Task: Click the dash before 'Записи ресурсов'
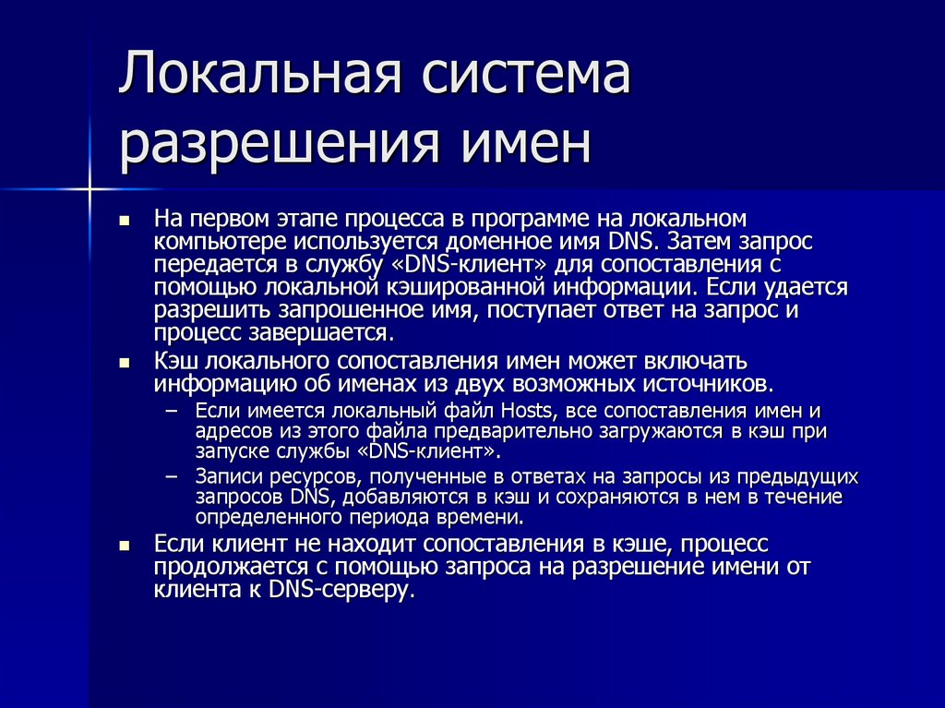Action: point(171,478)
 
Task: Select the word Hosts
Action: point(530,411)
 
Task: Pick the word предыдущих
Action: point(801,477)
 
